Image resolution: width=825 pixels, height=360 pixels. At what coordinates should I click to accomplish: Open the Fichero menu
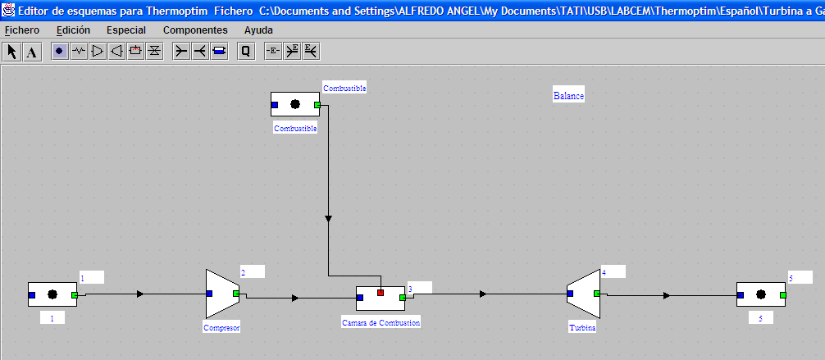[22, 30]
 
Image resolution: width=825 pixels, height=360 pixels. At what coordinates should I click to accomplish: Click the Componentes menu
[195, 30]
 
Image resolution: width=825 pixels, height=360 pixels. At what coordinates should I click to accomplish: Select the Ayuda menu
[258, 30]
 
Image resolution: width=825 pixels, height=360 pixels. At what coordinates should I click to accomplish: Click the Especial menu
[126, 30]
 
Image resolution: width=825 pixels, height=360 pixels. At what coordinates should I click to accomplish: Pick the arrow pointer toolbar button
[12, 52]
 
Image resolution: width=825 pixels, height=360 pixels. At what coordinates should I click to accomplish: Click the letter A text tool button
[31, 52]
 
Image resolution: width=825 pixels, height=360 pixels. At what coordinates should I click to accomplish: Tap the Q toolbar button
[246, 52]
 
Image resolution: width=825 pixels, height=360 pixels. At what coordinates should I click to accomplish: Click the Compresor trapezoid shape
[222, 294]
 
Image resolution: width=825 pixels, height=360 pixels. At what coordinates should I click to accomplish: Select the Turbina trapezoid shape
[584, 294]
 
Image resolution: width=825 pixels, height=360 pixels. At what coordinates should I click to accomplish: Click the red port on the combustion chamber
[381, 292]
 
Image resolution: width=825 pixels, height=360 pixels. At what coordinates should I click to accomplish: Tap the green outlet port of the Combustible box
[317, 105]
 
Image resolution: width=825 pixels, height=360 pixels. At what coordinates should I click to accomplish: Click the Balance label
[569, 96]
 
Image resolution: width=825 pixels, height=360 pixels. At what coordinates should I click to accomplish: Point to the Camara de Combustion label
[381, 322]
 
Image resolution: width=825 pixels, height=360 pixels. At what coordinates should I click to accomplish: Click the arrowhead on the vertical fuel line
[328, 218]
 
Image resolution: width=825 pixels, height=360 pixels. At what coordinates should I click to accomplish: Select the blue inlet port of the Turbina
[570, 293]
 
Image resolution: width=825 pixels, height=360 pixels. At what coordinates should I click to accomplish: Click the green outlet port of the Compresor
[236, 293]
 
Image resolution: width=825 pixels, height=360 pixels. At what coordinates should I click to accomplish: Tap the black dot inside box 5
[761, 294]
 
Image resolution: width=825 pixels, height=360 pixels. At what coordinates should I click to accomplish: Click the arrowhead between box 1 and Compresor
[140, 294]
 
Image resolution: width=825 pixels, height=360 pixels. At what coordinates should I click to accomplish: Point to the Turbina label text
[582, 328]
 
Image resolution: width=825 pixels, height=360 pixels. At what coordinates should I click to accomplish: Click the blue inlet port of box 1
[31, 295]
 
